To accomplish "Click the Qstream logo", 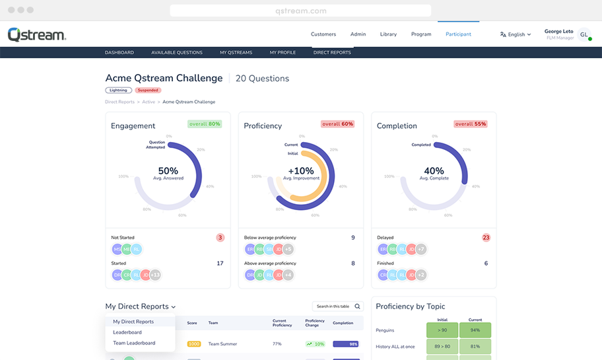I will coord(36,34).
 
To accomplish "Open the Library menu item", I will coord(388,34).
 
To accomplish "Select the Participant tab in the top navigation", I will coord(458,34).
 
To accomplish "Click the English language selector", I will coord(516,34).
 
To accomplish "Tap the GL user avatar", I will coord(584,34).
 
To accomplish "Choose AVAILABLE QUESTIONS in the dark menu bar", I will coord(177,52).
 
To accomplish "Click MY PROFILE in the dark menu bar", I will coord(283,52).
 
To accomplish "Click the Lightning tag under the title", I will coord(119,90).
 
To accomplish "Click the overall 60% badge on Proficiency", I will coord(338,124).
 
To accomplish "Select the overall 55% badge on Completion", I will coord(471,124).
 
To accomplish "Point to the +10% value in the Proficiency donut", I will coord(301,170).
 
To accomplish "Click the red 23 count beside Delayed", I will coord(486,238).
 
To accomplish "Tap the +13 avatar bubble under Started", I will coord(155,275).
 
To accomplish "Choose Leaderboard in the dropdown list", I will coord(127,332).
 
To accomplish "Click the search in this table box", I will coord(337,306).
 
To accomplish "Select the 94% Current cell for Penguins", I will coord(475,330).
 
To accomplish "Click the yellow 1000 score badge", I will coord(194,344).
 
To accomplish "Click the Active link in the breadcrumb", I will coord(149,102).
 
